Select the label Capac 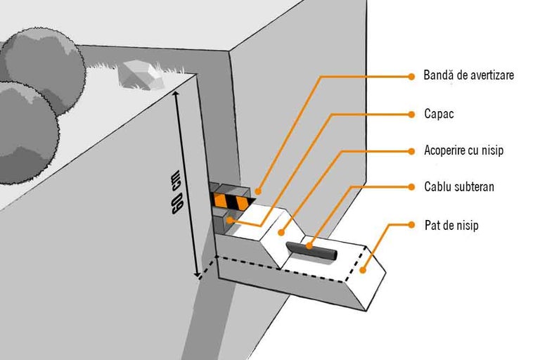pos(439,114)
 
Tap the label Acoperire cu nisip pos(464,151)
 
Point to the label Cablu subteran pos(459,188)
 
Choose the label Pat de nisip pos(451,226)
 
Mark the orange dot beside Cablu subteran pos(411,188)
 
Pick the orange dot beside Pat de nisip pos(411,226)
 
